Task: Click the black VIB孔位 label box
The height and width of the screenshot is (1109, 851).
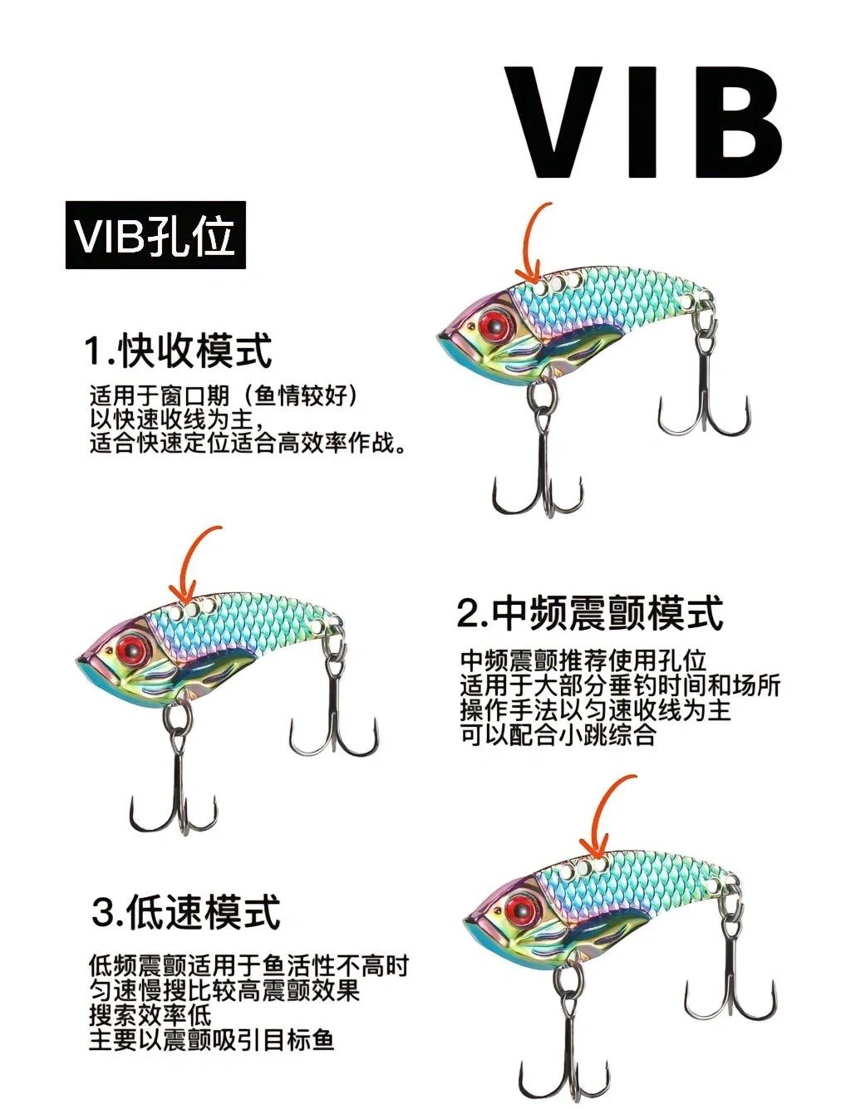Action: coord(155,235)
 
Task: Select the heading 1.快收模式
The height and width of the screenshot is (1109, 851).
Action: coord(178,351)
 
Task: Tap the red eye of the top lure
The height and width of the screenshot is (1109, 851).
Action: coord(493,323)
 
